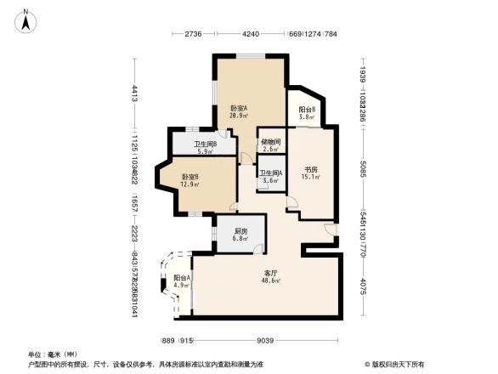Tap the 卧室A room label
pos(239,108)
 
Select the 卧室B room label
pos(190,177)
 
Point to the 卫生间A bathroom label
pos(270,173)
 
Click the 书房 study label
pos(311,169)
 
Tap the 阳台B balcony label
pos(307,109)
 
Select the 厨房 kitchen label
pos(241,230)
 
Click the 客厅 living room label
pos(270,273)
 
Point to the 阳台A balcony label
pos(181,278)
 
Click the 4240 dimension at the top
pos(250,34)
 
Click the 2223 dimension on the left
pos(133,234)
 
